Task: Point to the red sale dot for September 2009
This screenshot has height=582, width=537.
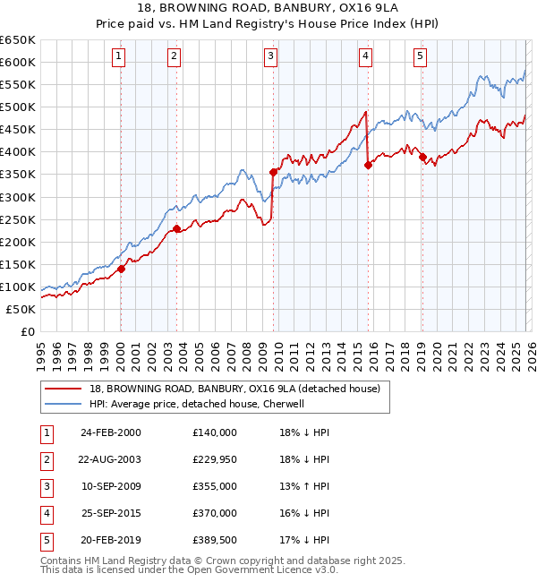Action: click(273, 172)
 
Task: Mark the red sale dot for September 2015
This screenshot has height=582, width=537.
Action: click(368, 165)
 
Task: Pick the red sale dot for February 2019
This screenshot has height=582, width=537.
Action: click(422, 157)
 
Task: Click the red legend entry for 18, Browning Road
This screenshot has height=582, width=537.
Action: click(234, 389)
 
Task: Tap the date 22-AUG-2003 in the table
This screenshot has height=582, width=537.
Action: click(110, 458)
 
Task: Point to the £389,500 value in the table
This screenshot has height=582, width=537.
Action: click(214, 539)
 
